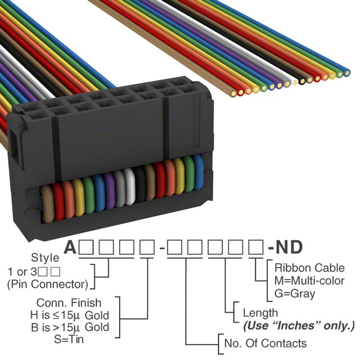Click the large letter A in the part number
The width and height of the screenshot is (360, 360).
[70, 247]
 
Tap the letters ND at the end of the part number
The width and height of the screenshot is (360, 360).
[289, 247]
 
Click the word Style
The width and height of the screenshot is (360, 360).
[45, 258]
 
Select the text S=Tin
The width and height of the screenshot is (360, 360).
[69, 339]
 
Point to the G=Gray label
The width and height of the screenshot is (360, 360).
[295, 294]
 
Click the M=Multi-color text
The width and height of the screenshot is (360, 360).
[309, 281]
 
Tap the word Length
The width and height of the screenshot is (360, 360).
[260, 313]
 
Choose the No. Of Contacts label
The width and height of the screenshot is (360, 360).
[265, 343]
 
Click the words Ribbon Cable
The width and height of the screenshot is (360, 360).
[309, 268]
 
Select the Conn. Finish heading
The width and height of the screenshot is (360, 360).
[69, 303]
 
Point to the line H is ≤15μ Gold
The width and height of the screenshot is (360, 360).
[70, 315]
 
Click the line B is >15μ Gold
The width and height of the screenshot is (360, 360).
[70, 327]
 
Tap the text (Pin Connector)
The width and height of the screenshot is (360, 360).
[47, 284]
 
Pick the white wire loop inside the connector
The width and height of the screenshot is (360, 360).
[130, 186]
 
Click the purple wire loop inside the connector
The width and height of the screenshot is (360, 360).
[109, 191]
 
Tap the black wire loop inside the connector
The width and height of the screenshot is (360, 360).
[140, 184]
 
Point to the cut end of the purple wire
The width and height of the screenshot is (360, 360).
[279, 85]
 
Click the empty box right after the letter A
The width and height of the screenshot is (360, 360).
[86, 247]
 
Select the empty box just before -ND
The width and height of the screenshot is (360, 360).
[256, 247]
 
